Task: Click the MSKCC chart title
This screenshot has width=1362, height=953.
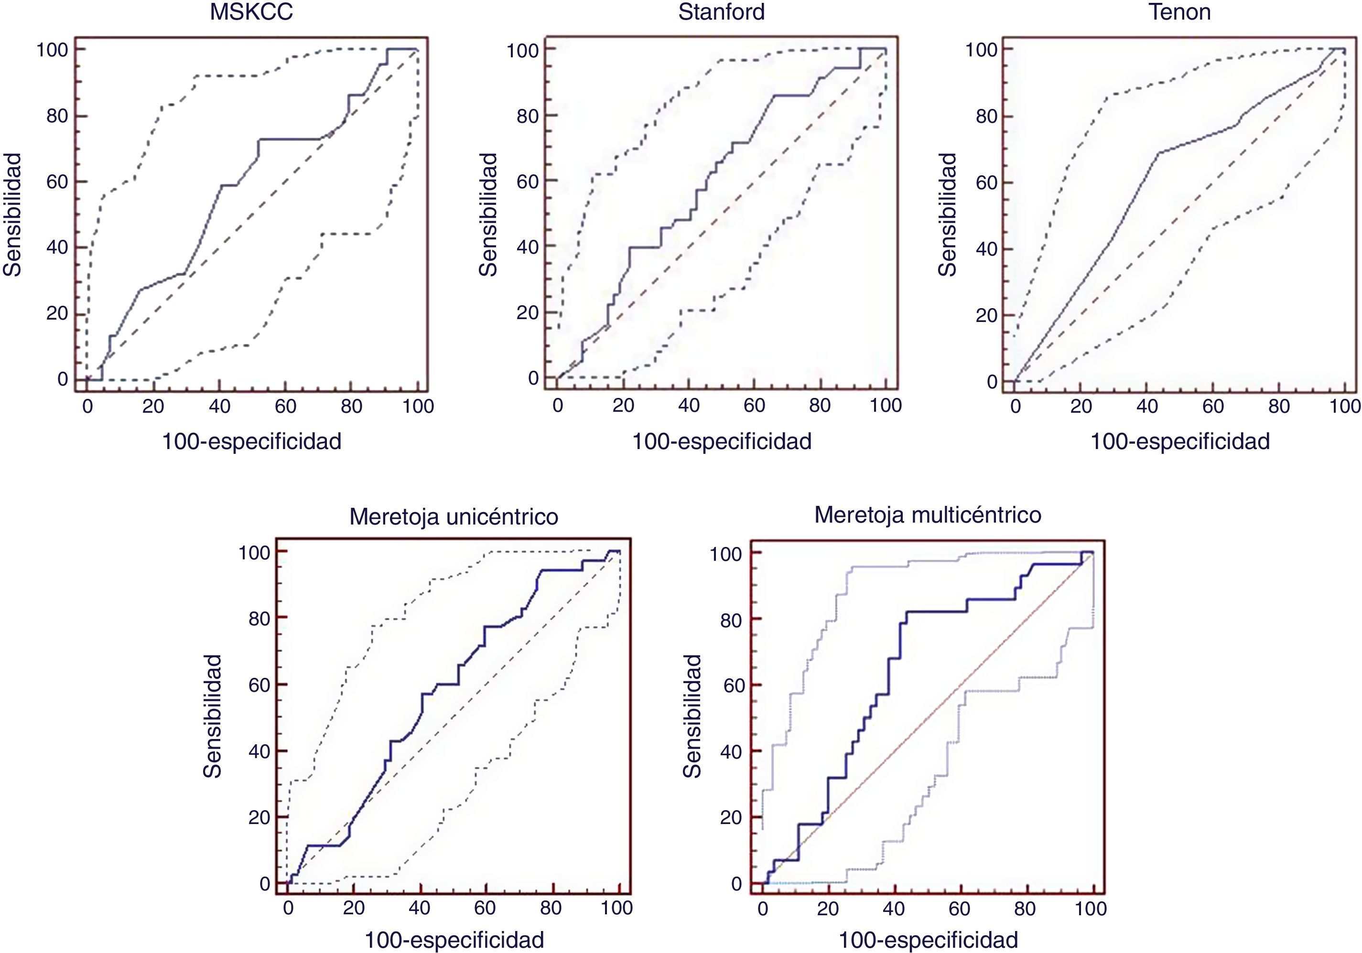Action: (x=251, y=12)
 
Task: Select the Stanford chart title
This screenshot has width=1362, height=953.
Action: (x=721, y=12)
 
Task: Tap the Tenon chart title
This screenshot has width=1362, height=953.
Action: (x=1179, y=12)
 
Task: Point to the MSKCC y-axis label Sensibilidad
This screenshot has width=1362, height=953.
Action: (x=12, y=214)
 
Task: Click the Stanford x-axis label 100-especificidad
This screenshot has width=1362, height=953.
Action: (x=721, y=441)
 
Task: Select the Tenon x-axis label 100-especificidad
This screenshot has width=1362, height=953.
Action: (x=1180, y=441)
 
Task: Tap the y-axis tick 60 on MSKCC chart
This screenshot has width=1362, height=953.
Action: (x=57, y=182)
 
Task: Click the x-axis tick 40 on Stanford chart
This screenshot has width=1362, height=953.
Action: (x=689, y=406)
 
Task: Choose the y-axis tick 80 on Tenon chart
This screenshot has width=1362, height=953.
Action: (x=987, y=116)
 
